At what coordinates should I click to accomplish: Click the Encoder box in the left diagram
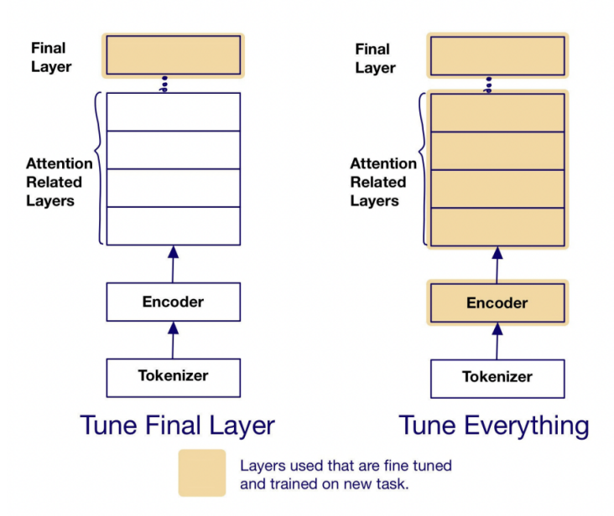[x=173, y=302]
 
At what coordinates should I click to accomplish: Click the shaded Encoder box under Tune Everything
[x=497, y=302]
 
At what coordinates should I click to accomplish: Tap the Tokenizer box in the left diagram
[x=173, y=377]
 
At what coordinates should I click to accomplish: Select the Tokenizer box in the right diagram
[x=497, y=378]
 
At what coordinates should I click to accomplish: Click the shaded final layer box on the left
[x=173, y=55]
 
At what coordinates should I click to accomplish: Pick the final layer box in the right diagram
[x=497, y=55]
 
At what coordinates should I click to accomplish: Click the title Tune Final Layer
[x=177, y=425]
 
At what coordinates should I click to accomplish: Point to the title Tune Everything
[x=494, y=425]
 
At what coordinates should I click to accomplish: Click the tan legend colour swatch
[x=201, y=472]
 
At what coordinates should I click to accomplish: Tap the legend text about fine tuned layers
[x=346, y=473]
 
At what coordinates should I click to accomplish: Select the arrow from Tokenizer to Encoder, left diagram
[x=173, y=340]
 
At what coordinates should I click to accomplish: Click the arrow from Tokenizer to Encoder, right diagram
[x=497, y=340]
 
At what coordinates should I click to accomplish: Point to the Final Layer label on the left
[x=49, y=57]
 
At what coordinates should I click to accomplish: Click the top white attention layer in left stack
[x=173, y=111]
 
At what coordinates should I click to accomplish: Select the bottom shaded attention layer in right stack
[x=497, y=226]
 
